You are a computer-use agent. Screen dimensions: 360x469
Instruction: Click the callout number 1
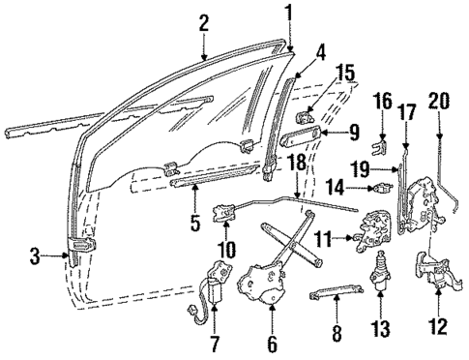pyautogui.click(x=288, y=13)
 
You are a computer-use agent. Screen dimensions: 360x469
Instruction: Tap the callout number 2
pyautogui.click(x=203, y=21)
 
